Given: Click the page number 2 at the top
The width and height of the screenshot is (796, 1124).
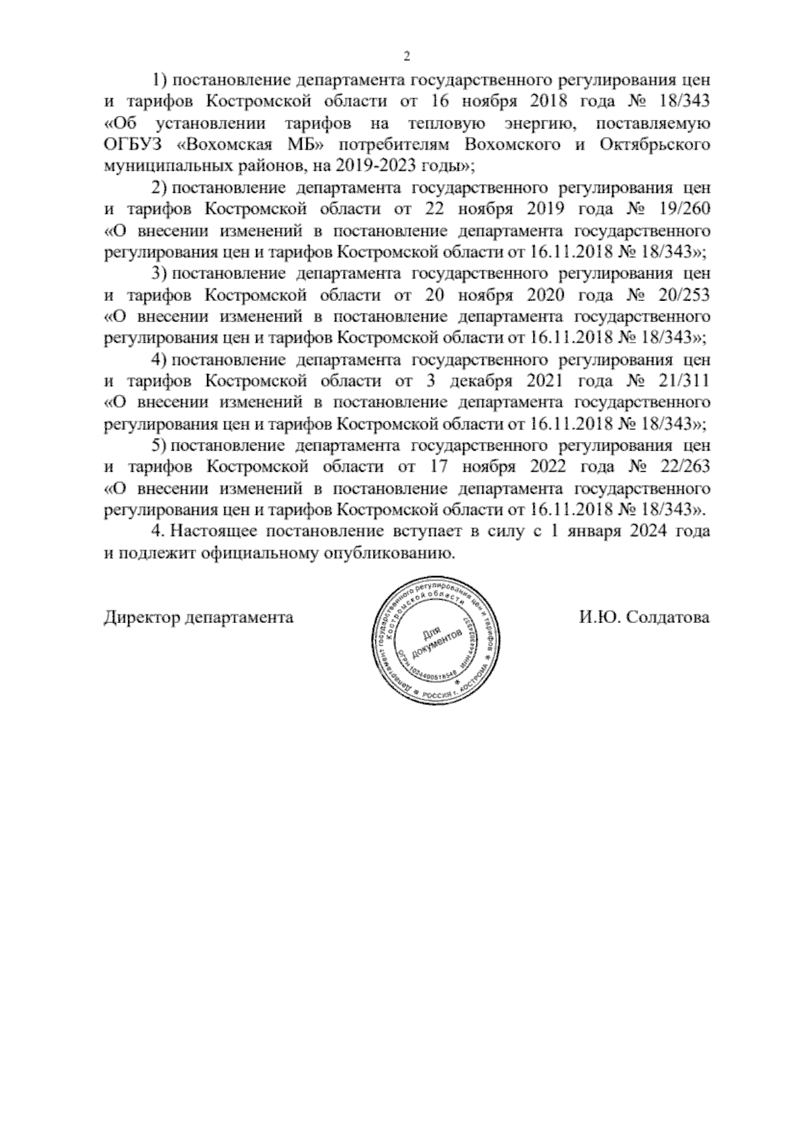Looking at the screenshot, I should pos(407,56).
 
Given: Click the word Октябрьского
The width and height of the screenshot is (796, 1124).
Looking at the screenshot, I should pos(654,144).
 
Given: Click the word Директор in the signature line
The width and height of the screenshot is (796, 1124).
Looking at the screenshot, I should pos(142,618).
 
